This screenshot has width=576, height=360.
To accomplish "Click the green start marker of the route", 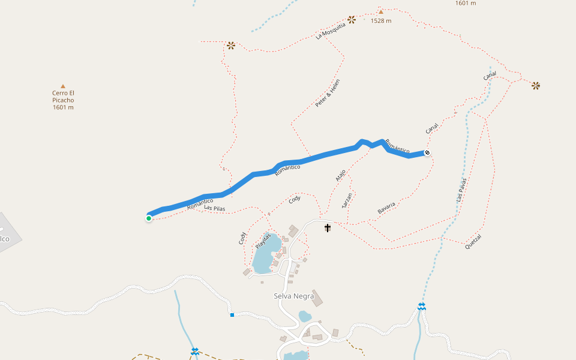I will tap(149, 218).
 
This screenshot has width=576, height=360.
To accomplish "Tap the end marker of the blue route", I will tap(427, 152).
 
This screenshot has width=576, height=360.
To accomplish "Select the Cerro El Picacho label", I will tap(63, 100).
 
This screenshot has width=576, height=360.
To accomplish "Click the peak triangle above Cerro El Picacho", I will tap(63, 86).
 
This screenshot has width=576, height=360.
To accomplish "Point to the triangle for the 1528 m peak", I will tap(380, 11).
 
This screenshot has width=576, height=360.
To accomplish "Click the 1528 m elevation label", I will tap(381, 21).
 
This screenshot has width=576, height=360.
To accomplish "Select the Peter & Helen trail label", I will tap(328, 94).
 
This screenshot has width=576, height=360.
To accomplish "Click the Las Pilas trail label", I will tap(214, 208).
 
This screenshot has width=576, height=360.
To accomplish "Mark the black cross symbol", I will tap(328, 228).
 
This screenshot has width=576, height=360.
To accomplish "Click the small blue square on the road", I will tap(232, 314).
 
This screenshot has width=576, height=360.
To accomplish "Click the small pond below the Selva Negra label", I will tap(305, 316).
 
